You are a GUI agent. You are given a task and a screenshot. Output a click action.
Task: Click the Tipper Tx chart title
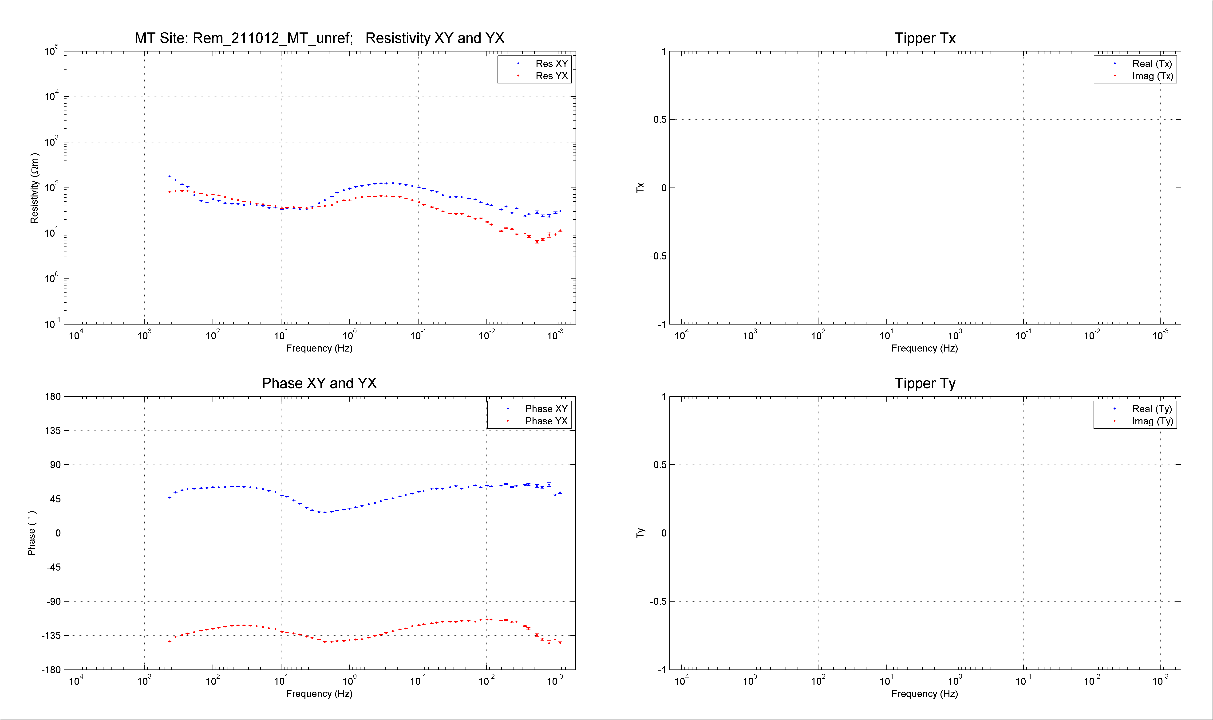[925, 38]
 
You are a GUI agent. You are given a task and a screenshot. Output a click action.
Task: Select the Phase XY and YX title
[319, 383]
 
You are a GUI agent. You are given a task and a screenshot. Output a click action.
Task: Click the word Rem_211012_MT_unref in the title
[272, 38]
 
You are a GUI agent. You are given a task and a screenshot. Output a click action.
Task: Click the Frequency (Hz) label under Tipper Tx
[925, 348]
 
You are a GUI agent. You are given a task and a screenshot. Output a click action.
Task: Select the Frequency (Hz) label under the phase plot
[319, 694]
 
